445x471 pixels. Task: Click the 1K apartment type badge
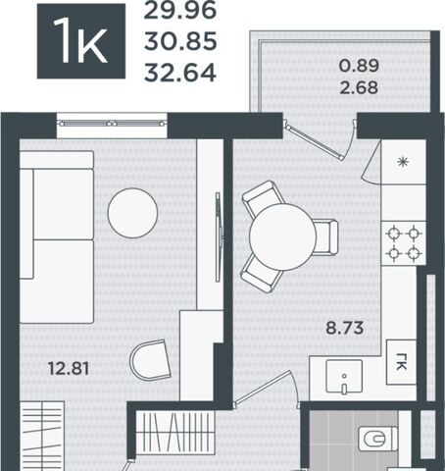click(81, 41)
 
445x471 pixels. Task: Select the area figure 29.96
click(180, 10)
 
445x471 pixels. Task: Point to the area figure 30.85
click(180, 41)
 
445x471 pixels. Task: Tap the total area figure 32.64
click(180, 72)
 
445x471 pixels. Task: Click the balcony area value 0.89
click(359, 66)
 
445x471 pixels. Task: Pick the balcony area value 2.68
click(359, 87)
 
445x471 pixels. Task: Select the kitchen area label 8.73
click(345, 328)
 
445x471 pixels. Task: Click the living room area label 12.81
click(69, 368)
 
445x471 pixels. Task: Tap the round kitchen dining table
click(283, 236)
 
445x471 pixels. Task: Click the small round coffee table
click(132, 213)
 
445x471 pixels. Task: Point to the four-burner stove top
click(404, 243)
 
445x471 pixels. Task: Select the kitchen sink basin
click(344, 376)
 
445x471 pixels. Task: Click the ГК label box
click(401, 362)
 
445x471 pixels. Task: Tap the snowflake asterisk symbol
click(403, 162)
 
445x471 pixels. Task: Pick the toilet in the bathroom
click(377, 439)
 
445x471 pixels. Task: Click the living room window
click(112, 124)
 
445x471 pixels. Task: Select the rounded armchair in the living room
click(151, 359)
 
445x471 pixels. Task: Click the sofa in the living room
click(57, 237)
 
